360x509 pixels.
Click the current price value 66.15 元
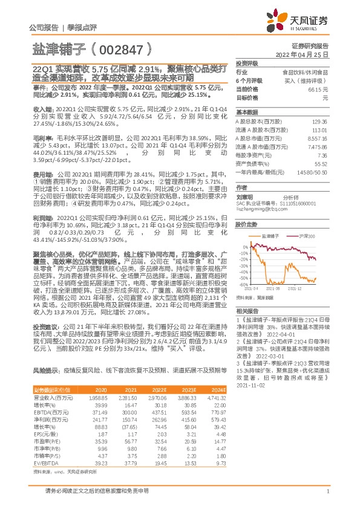(318, 89)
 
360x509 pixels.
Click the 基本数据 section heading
(247, 113)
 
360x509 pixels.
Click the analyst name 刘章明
(244, 196)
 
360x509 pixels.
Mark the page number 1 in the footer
(327, 492)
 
